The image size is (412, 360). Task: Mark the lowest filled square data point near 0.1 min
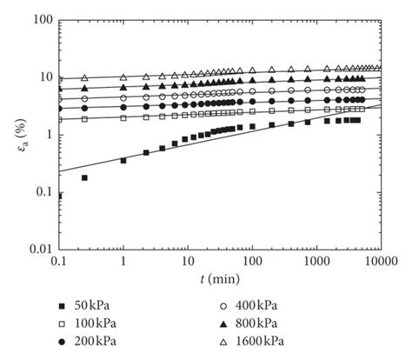tap(59, 197)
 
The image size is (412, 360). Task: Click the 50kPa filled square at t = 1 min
tap(123, 161)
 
